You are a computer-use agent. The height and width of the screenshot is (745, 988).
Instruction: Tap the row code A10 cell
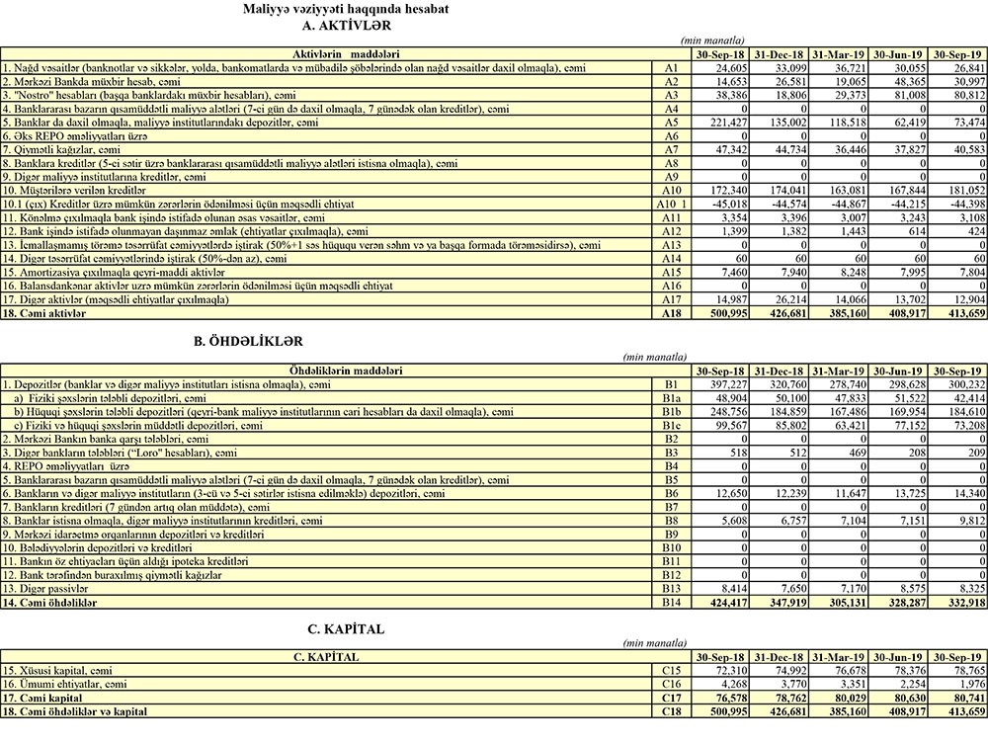672,189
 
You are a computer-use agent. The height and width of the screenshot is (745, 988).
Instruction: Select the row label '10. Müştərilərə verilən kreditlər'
74,189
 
